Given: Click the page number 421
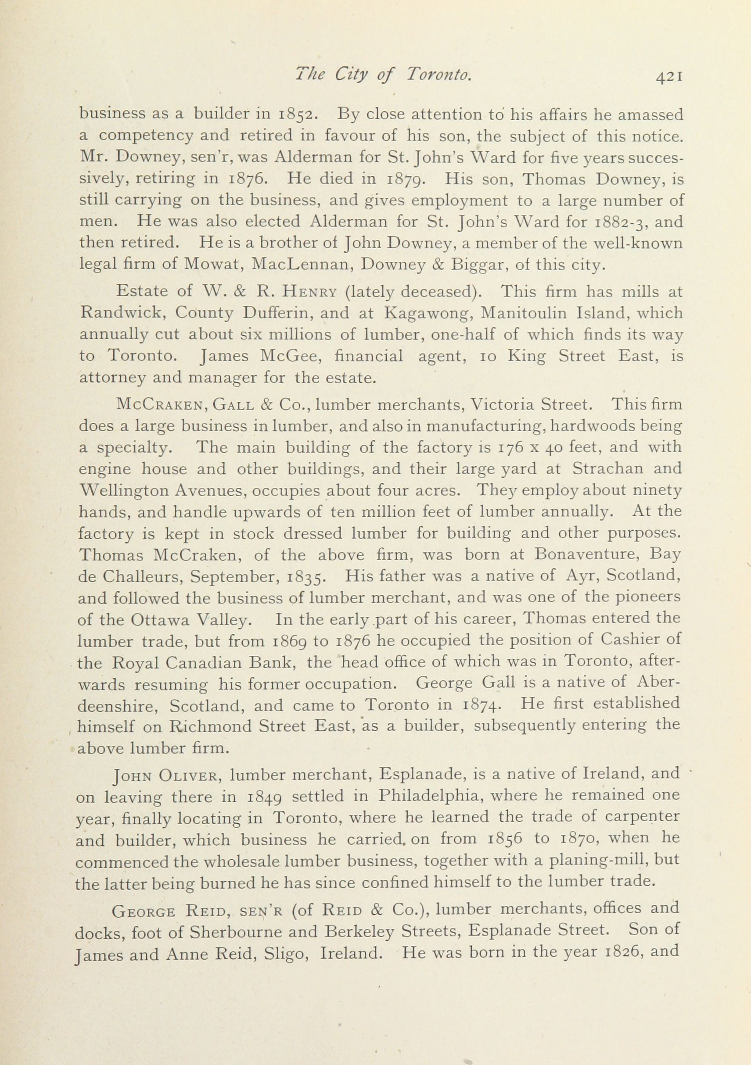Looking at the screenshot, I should click(x=668, y=76).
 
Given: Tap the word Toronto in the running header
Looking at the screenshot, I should click(x=438, y=75).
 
